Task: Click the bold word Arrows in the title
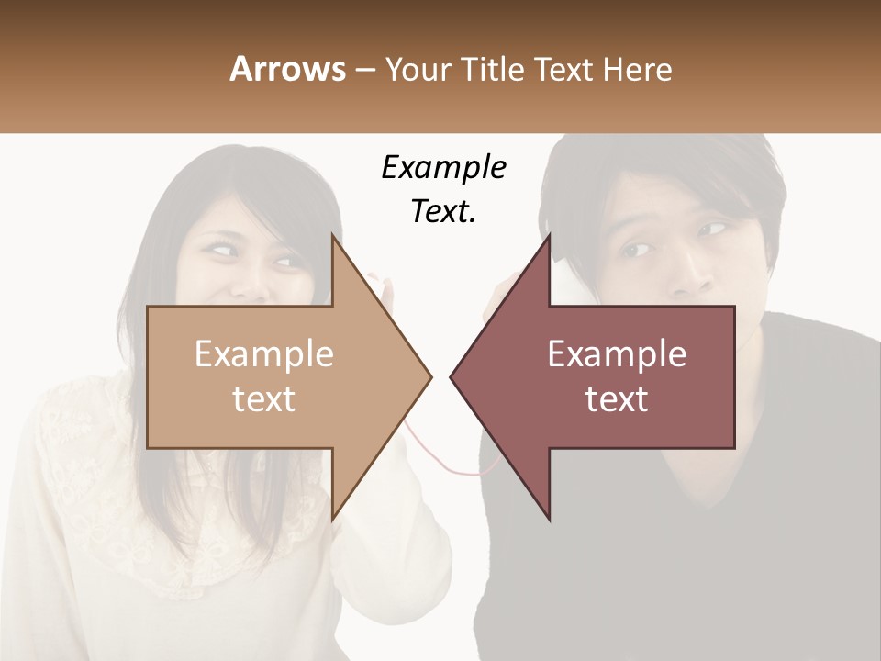click(288, 69)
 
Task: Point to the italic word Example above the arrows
click(443, 168)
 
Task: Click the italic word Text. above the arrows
click(443, 212)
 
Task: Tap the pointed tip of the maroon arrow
click(453, 375)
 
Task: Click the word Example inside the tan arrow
click(264, 354)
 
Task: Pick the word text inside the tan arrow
click(264, 399)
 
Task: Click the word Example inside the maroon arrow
click(617, 354)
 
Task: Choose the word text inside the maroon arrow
click(617, 399)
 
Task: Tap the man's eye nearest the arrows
click(636, 249)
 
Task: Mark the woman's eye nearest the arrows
click(286, 262)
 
